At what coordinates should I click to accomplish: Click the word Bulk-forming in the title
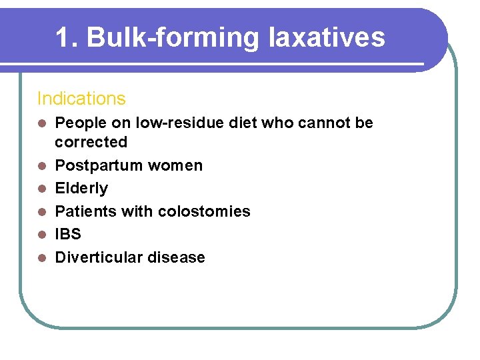174,38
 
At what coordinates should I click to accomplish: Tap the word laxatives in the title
327,37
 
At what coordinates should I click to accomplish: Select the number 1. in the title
68,37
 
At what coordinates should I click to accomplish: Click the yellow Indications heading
81,99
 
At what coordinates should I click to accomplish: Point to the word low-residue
197,123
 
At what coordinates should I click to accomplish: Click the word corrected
91,142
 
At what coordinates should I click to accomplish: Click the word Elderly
81,189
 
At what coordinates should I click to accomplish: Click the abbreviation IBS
68,234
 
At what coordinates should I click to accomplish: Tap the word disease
179,257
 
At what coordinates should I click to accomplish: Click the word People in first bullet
76,123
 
